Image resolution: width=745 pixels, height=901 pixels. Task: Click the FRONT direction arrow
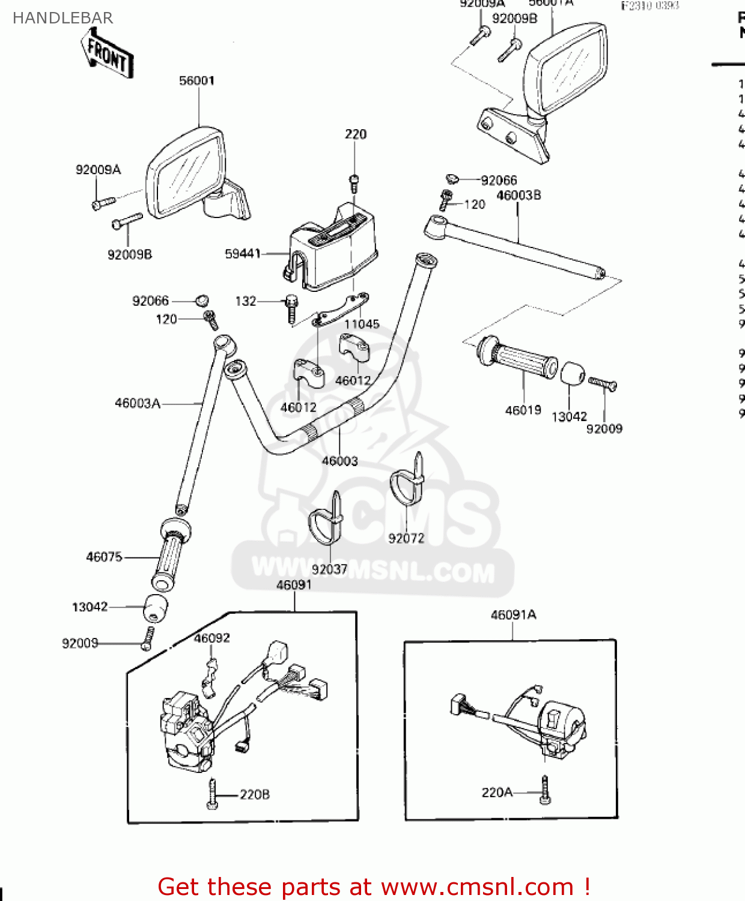108,55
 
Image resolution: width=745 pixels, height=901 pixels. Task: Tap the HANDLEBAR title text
62,18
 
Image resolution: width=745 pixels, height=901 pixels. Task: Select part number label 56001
196,80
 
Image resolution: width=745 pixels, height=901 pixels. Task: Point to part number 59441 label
243,254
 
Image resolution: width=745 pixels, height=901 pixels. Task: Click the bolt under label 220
354,183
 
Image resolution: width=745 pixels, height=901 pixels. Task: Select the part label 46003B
518,195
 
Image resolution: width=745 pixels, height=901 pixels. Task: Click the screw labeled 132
292,308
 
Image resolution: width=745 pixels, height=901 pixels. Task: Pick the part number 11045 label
362,324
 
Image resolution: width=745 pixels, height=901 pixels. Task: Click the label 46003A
138,404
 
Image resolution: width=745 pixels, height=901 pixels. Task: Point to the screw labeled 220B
212,794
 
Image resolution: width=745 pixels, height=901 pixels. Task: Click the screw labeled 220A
545,790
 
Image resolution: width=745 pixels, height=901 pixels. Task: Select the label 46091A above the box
514,615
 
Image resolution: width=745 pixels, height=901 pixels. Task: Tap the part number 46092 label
211,638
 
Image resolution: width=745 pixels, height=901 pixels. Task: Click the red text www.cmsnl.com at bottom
477,887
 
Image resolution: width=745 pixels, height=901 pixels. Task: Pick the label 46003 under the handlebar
339,461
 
